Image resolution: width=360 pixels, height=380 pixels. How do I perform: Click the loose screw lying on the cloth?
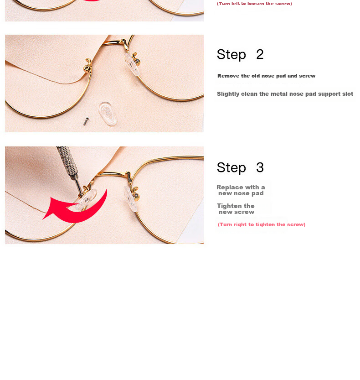pos(86,121)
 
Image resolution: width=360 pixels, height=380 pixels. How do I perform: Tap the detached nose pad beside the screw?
pos(108,114)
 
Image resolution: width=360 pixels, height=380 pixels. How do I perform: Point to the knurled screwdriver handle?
pos(67,161)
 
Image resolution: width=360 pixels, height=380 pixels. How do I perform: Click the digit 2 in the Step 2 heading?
pos(260,54)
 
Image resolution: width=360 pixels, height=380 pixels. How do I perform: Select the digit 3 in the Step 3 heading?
pos(260,167)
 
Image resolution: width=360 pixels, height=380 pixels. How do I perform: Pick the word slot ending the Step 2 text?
pos(347,94)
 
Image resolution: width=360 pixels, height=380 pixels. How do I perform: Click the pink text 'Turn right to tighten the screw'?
pos(262,224)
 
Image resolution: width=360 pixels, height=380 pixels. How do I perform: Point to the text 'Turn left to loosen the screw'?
pos(254,4)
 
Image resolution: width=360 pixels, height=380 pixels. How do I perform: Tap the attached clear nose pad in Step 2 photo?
pos(132,64)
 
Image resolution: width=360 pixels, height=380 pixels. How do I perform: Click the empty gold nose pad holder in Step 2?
pos(88,66)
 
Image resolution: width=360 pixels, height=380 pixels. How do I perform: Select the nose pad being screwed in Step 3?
pos(87,199)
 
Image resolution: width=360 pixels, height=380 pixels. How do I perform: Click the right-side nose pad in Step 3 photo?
pos(130,198)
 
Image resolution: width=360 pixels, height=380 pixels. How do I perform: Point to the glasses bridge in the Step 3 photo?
pos(114,174)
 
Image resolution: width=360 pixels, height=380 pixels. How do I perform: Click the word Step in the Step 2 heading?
pos(231,55)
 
